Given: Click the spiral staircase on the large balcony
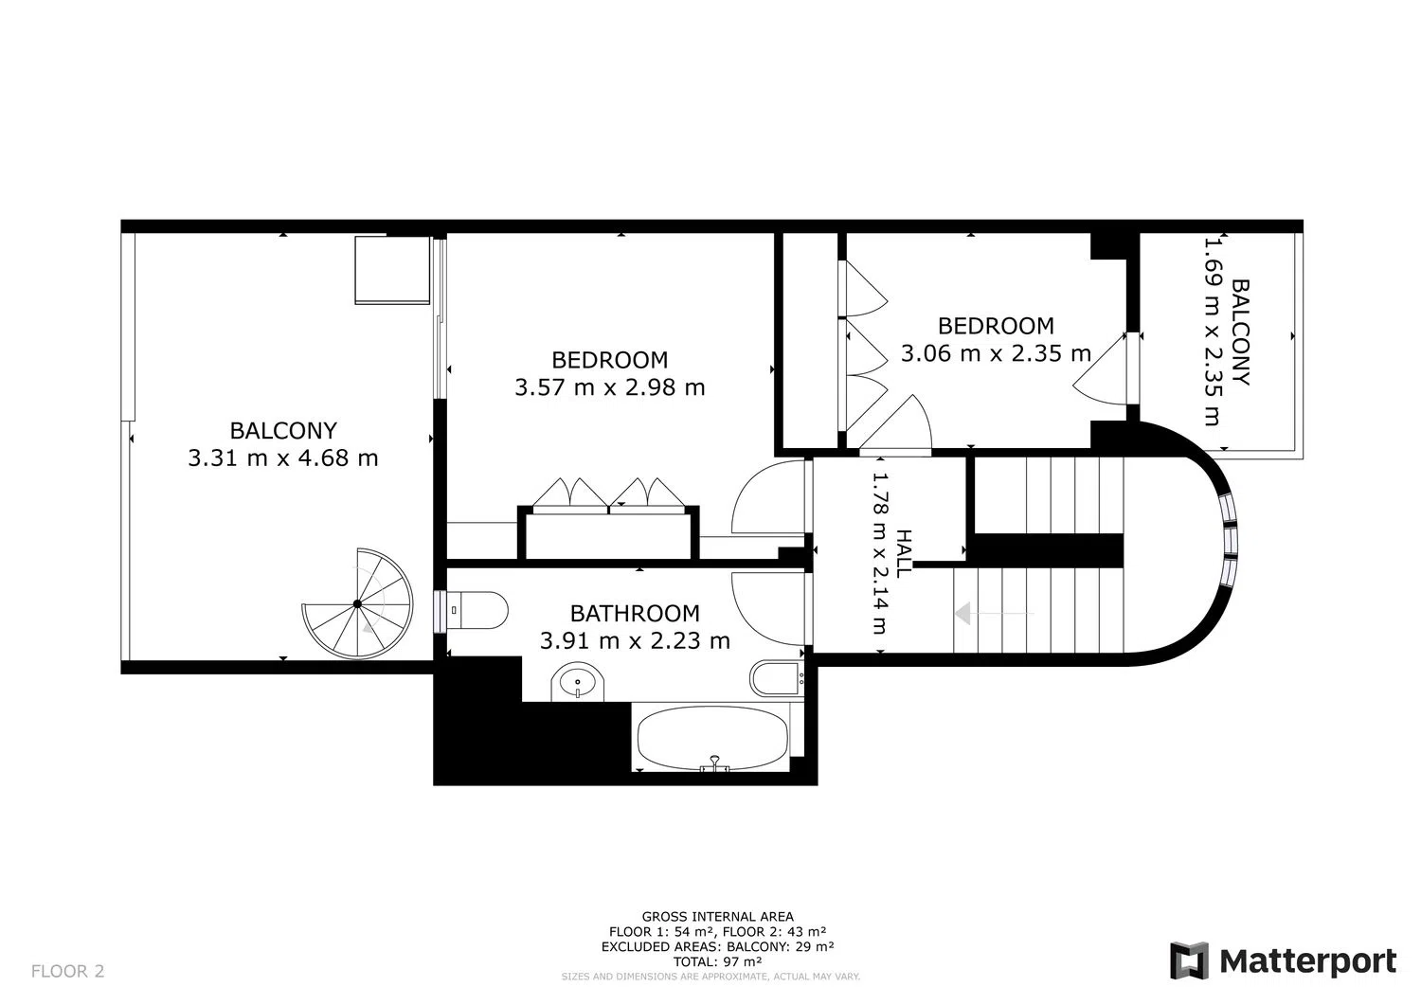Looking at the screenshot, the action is pos(357,603).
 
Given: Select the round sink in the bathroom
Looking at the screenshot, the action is pos(577,682).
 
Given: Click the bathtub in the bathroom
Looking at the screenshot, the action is pos(713,738).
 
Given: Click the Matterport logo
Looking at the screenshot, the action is pos(1283,961).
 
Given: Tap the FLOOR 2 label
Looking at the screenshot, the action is pos(68,971).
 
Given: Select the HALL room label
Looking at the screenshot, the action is pos(904,553).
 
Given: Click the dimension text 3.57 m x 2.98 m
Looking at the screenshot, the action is pos(610,387).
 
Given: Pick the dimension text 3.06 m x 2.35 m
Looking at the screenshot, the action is pos(996,353).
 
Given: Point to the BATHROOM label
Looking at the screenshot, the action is pos(635,614).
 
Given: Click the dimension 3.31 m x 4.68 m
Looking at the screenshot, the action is pos(283,458).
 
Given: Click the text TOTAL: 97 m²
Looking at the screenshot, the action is pos(717,961).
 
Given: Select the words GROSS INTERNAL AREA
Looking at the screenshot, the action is pos(717,917).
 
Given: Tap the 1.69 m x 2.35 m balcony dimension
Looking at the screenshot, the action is pos(1213,332).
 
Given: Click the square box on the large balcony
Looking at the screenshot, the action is pos(392,270).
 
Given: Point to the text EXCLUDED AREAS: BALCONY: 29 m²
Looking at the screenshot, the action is pos(717,946).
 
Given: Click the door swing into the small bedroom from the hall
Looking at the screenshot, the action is pos(896,423).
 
